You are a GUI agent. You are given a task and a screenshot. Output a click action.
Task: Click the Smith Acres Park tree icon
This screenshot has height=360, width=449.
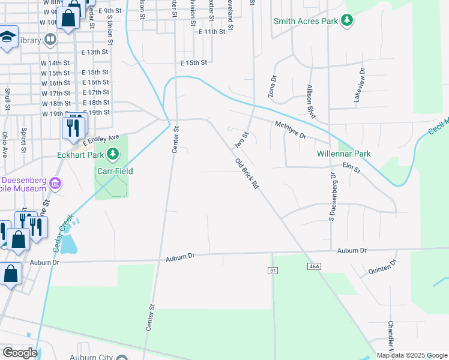(346, 21)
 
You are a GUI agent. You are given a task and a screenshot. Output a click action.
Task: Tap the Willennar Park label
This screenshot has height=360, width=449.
(344, 154)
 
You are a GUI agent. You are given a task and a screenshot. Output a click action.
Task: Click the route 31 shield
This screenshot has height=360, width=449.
(273, 271)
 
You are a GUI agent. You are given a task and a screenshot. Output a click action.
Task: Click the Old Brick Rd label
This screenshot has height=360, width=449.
(247, 174)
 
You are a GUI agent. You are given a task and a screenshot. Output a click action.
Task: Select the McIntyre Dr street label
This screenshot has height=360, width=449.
(291, 130)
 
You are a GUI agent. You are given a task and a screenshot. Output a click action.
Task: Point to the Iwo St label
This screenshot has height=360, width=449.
(241, 140)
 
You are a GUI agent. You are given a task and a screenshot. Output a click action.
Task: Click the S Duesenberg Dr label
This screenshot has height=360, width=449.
(331, 194)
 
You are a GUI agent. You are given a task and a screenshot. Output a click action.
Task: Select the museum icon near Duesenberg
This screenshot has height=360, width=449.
(56, 183)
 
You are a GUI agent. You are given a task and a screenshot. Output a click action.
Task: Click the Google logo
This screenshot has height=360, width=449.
(20, 353)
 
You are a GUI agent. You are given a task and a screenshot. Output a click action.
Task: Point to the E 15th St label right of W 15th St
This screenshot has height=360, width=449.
(95, 72)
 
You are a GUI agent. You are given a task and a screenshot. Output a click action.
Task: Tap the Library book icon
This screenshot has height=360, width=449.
(50, 40)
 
